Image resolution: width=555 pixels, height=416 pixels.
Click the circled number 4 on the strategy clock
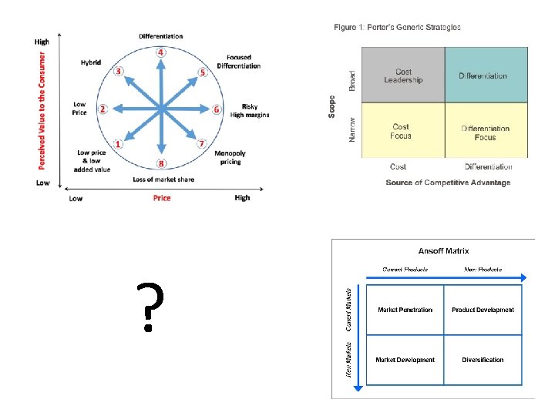tap(160, 52)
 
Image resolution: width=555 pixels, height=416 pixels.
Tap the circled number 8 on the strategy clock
tap(160, 163)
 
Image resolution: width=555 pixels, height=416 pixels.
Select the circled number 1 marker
tap(118, 144)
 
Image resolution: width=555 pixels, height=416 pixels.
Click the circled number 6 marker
tap(217, 109)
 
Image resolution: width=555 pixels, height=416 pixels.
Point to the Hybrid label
tap(91, 62)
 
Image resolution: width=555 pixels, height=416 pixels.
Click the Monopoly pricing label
tap(230, 157)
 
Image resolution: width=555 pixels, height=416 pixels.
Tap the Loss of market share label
tap(163, 179)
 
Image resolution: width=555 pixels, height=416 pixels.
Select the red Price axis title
tap(162, 198)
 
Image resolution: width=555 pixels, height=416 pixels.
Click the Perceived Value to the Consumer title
tap(43, 112)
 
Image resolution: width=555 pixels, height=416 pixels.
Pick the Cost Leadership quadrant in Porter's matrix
tap(403, 75)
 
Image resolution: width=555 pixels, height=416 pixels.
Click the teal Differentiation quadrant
tap(486, 75)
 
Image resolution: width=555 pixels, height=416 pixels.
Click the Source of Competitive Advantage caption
tap(448, 183)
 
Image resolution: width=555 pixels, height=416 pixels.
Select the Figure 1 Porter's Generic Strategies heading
tap(397, 28)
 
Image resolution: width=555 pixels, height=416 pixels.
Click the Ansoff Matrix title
tap(443, 251)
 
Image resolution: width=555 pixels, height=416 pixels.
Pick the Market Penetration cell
tap(405, 310)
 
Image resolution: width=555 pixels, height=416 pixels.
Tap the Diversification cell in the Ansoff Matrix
tap(483, 360)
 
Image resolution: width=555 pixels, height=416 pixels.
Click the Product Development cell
tap(483, 310)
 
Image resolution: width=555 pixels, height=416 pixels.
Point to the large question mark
tap(150, 308)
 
